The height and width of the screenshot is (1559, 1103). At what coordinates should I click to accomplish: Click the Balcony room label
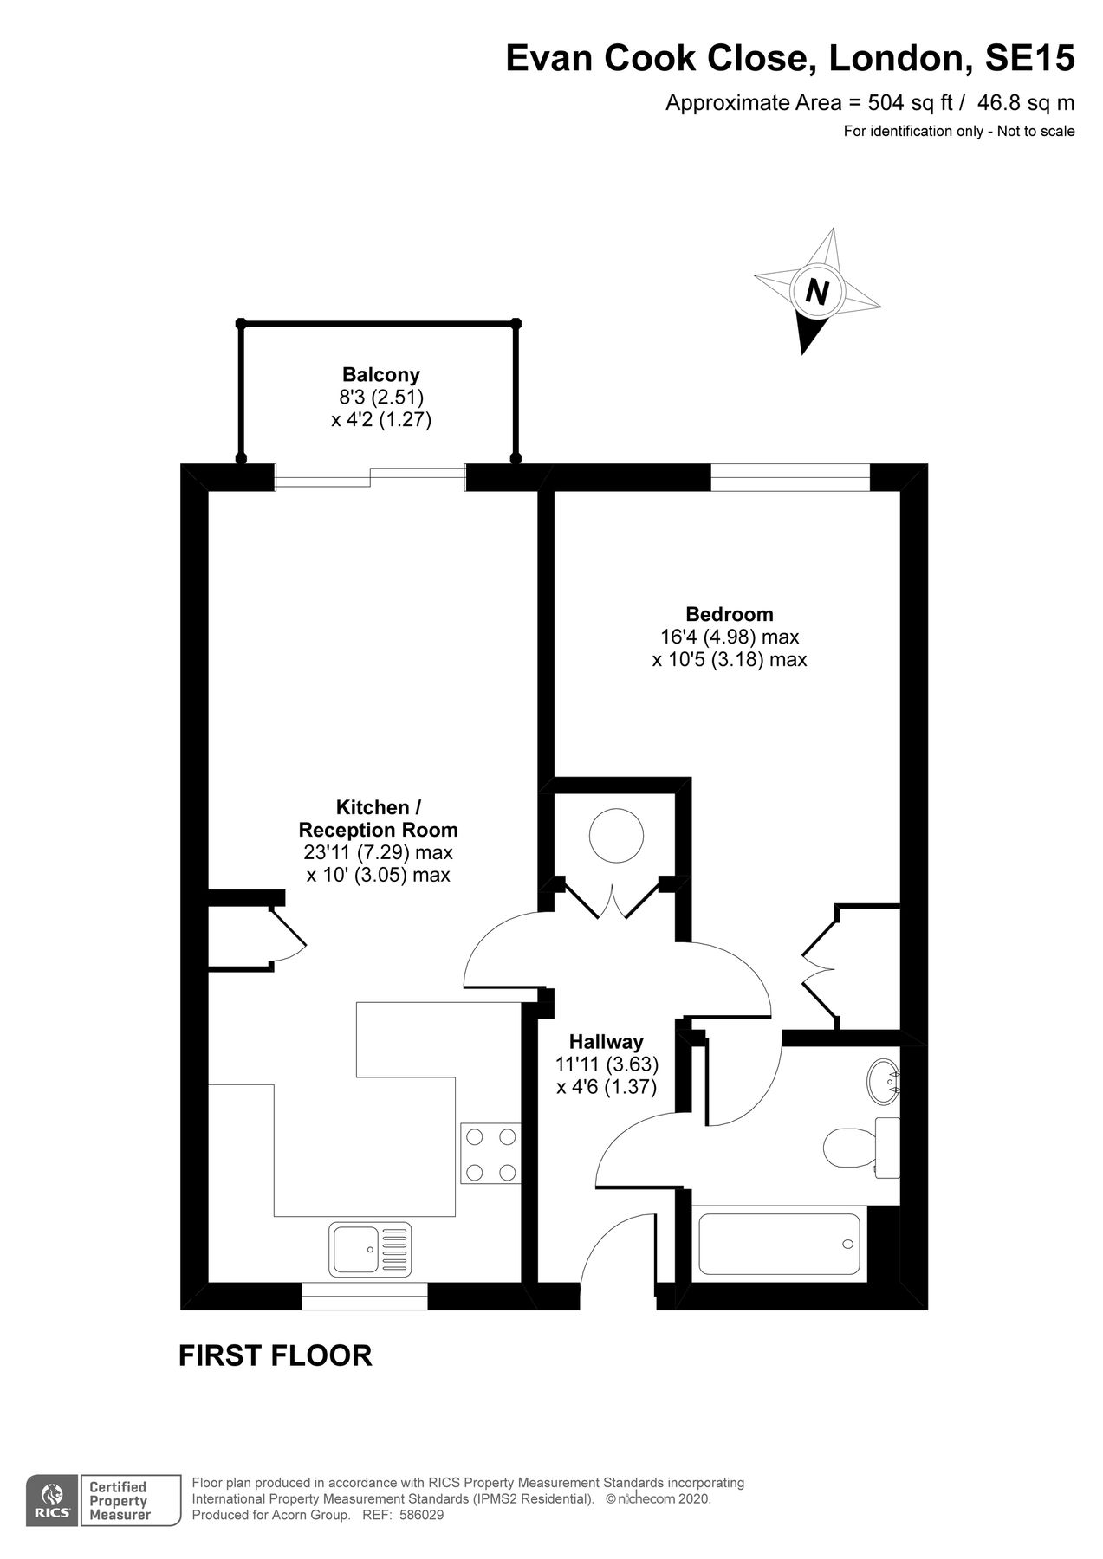pyautogui.click(x=380, y=375)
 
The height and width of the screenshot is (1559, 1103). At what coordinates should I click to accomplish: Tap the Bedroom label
pyautogui.click(x=729, y=614)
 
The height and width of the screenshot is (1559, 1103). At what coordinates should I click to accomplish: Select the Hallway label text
pyautogui.click(x=606, y=1042)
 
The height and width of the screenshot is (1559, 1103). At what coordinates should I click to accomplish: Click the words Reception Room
pyautogui.click(x=378, y=830)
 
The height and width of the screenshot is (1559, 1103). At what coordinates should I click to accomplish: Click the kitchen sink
pyautogui.click(x=370, y=1249)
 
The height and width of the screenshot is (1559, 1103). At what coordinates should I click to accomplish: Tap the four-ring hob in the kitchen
pyautogui.click(x=490, y=1154)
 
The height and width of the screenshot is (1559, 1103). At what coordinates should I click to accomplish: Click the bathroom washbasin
pyautogui.click(x=884, y=1080)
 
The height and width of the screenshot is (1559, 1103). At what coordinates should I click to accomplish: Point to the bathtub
pyautogui.click(x=779, y=1245)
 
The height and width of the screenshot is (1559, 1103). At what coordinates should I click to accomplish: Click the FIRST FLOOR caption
pyautogui.click(x=275, y=1355)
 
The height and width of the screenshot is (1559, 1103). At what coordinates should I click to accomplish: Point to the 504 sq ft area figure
pyautogui.click(x=900, y=103)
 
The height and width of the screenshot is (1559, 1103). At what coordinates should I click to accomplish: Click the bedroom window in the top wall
pyautogui.click(x=789, y=477)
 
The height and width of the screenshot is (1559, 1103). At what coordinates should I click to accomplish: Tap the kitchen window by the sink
pyautogui.click(x=365, y=1296)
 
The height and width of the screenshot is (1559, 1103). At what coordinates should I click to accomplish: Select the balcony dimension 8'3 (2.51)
pyautogui.click(x=380, y=398)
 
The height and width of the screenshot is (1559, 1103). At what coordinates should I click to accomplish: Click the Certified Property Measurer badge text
pyautogui.click(x=120, y=1501)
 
